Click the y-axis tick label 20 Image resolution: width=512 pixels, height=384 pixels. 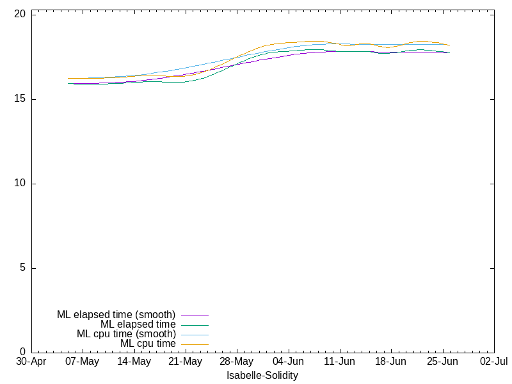20,13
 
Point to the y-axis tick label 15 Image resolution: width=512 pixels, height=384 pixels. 20,99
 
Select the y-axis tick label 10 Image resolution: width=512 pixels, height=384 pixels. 20,183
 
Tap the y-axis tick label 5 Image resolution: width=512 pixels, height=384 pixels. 22,268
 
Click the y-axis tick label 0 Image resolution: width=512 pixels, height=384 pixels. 22,352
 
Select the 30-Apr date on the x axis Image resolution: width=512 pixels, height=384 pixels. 31,362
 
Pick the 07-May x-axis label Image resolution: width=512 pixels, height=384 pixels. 83,362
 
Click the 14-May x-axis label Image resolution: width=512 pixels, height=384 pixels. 134,362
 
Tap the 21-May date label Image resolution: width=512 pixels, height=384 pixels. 186,362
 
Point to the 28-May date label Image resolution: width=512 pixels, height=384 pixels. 237,362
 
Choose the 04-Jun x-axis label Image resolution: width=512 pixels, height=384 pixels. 289,362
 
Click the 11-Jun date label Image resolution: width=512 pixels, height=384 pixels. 340,362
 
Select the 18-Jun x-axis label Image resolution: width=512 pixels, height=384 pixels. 391,362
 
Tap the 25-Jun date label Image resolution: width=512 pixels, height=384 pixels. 442,362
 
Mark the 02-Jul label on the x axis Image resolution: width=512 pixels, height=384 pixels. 494,362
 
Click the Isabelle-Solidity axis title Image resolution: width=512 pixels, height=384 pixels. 262,376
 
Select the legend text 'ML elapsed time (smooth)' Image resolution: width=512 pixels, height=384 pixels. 116,315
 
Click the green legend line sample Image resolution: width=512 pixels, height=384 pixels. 195,326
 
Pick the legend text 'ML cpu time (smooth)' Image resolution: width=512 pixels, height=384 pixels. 126,334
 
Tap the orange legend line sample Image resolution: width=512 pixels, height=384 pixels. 195,345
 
